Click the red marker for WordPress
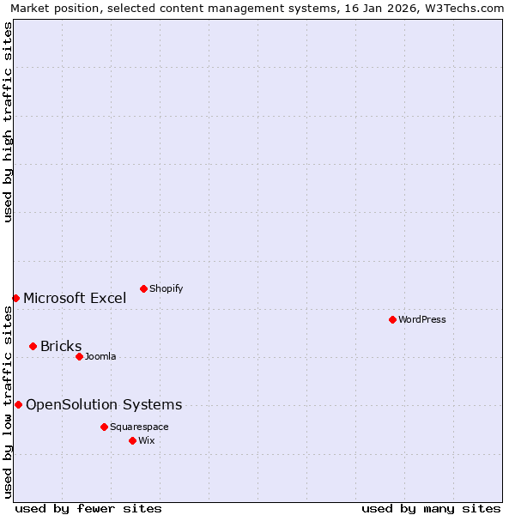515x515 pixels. [x=392, y=319]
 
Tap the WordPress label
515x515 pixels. [x=422, y=320]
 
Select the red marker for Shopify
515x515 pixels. [x=143, y=288]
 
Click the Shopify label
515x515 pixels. [x=166, y=289]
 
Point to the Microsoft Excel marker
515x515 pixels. [x=15, y=298]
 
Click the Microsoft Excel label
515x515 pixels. [x=75, y=299]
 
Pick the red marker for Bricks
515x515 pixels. [x=33, y=346]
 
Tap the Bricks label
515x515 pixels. [x=61, y=347]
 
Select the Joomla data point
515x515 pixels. [x=79, y=356]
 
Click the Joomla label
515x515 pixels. [x=100, y=357]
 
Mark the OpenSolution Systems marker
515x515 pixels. [x=18, y=404]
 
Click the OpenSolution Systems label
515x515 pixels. [x=104, y=405]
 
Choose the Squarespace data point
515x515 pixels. [x=104, y=427]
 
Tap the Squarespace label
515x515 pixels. [x=139, y=427]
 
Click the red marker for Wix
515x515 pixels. [x=132, y=440]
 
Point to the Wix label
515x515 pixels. [x=147, y=441]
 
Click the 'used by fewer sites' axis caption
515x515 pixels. [x=88, y=508]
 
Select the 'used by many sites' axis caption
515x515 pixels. [x=431, y=508]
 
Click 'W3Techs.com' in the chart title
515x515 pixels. [x=470, y=9]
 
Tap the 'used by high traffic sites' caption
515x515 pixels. [x=9, y=122]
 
